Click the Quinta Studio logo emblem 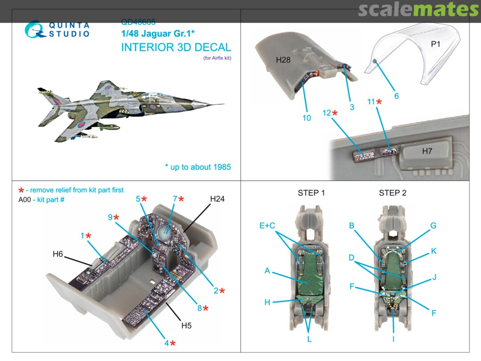(x=35, y=30)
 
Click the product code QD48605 (x=138, y=21)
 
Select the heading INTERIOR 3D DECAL (x=176, y=48)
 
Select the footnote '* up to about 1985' (x=198, y=167)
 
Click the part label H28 (x=283, y=60)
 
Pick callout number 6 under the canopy (x=396, y=96)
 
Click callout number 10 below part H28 (x=306, y=118)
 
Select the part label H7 (x=427, y=152)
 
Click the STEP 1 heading (x=311, y=193)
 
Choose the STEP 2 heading (x=392, y=193)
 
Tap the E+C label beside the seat (x=268, y=226)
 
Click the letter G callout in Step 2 (x=433, y=226)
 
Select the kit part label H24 (x=217, y=199)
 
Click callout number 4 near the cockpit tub (x=166, y=343)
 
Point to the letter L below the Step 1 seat (x=309, y=340)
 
